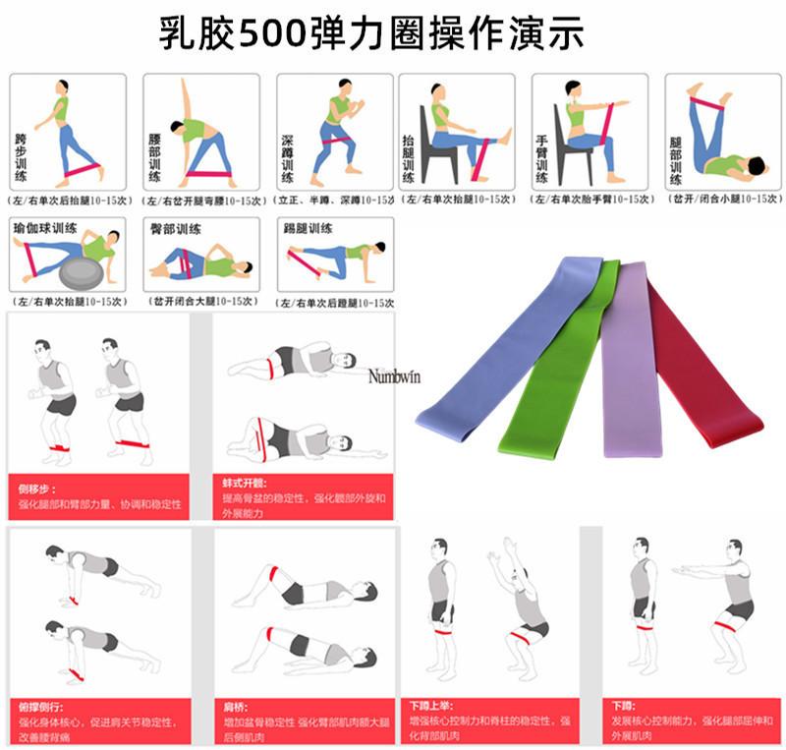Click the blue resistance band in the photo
point(491,354)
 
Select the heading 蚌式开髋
point(241,485)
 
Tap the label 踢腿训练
point(309,228)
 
